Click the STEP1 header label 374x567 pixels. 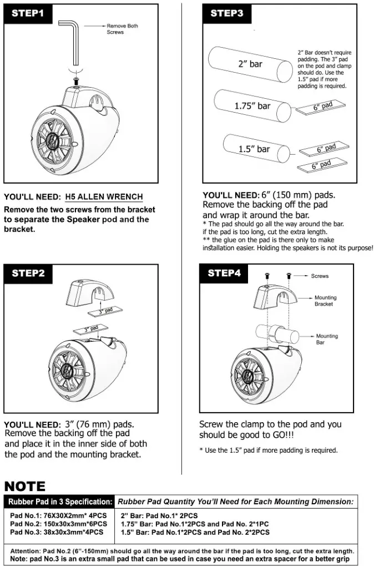pos(28,13)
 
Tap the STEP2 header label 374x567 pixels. pos(28,273)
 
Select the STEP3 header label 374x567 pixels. pos(227,13)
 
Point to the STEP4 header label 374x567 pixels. pos(227,273)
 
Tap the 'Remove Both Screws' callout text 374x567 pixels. pos(122,29)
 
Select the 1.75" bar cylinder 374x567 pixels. pos(253,105)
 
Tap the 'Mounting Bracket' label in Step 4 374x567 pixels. pos(325,301)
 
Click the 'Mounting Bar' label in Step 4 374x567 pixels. pos(327,339)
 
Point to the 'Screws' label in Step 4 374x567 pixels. pos(320,276)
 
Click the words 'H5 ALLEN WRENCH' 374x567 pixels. pos(104,197)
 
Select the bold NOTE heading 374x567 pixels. pos(25,487)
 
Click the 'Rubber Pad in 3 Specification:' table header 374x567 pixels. pos(59,502)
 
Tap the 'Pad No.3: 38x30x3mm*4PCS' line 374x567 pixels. pos(57,532)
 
